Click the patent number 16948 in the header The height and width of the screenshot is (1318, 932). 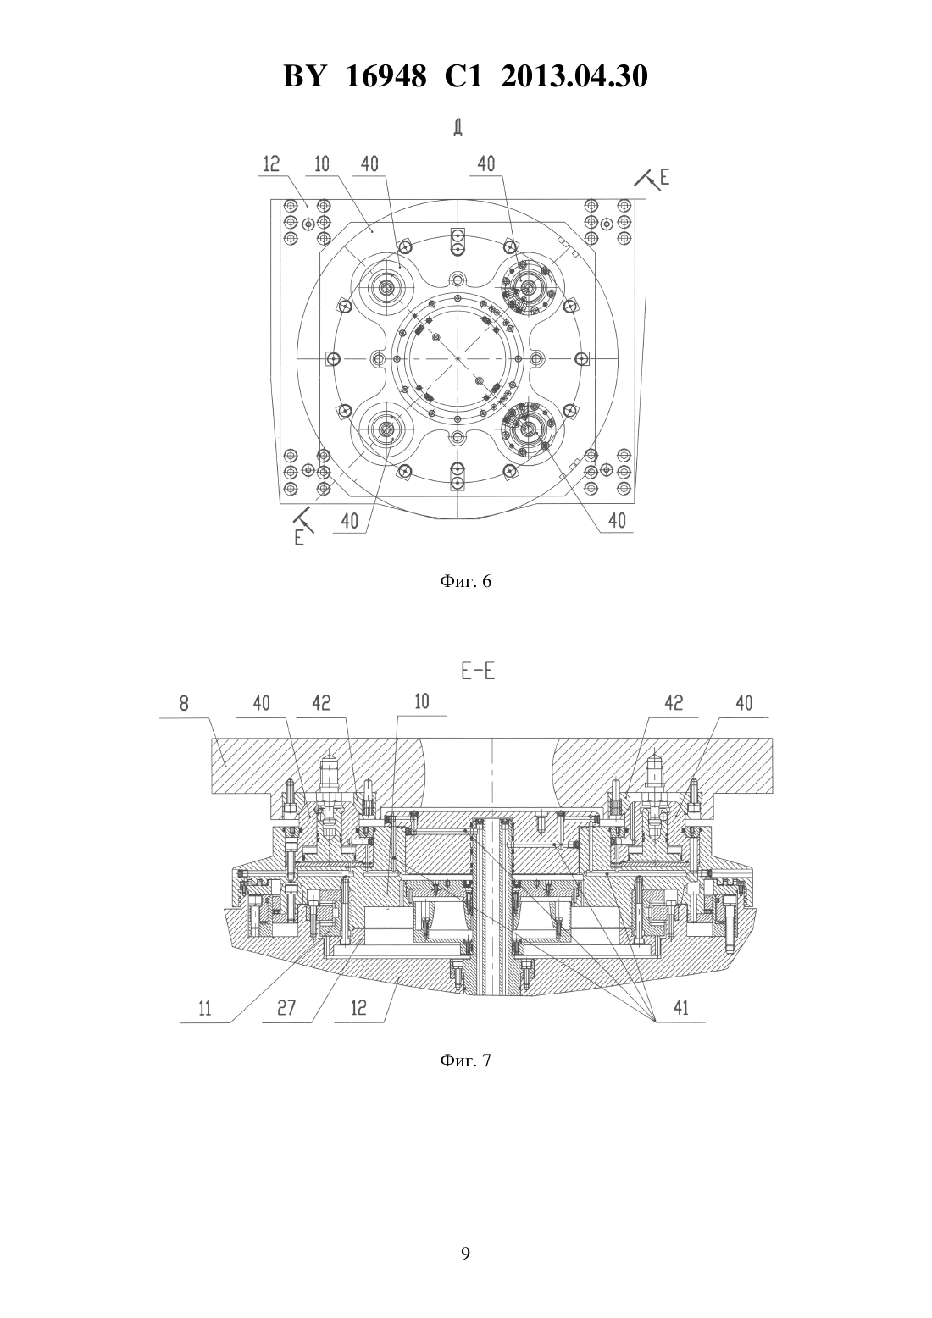coord(386,76)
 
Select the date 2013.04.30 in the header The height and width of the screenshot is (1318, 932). coord(574,76)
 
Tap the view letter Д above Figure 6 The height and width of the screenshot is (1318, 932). coord(458,128)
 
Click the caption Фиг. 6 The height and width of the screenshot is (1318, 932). coord(465,581)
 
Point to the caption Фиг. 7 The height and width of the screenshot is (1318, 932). coord(465,1060)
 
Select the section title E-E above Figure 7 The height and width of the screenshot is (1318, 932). coord(478,672)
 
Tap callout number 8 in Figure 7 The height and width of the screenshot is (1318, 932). coord(184,704)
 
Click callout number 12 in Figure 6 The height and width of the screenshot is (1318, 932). coord(271,163)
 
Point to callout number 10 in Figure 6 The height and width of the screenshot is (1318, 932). coord(322,163)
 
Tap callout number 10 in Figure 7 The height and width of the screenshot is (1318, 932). coord(422,702)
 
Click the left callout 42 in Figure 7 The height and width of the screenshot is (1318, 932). coord(322,703)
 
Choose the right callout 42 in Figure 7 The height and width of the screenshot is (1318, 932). coord(674,703)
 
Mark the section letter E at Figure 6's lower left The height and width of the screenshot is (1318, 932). coord(299,537)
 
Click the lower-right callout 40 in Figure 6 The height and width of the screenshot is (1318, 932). coord(617,520)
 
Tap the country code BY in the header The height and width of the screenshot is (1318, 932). coord(304,76)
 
